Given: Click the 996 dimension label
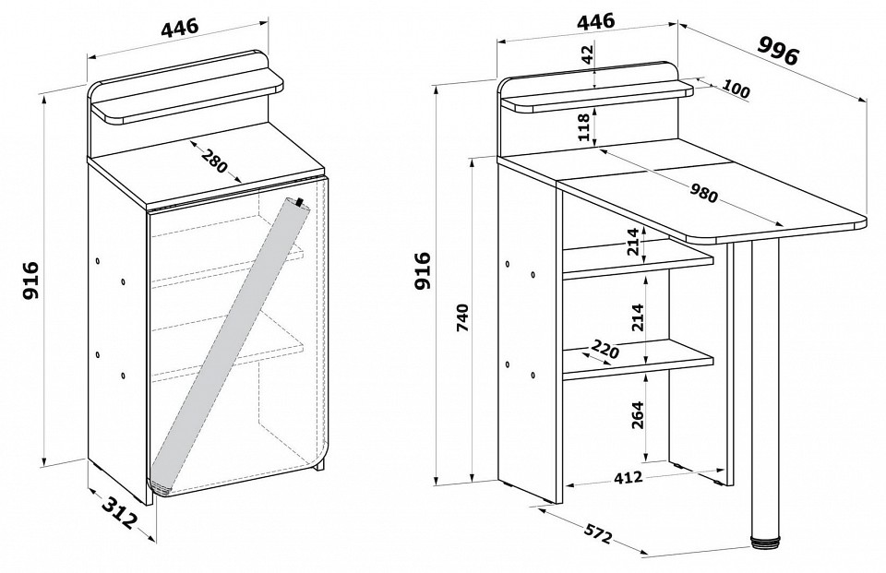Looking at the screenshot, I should pos(777,50).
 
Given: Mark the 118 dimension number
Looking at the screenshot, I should pos(584,126).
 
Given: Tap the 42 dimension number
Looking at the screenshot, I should pos(588,56).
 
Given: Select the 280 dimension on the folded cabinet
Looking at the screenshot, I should pos(212,162).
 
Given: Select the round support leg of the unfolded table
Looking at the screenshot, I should pos(766,388).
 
